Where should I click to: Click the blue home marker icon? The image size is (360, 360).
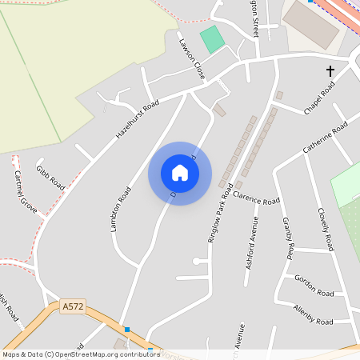point(180,173)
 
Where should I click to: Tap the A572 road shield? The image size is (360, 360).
point(72,306)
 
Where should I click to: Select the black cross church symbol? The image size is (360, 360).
point(330,71)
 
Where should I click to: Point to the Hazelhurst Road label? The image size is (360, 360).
point(138,119)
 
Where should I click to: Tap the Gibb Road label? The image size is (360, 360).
point(50,178)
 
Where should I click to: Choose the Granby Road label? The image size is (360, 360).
point(288,237)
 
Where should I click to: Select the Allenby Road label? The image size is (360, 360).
point(313,314)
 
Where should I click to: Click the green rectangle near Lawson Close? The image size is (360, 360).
point(212,38)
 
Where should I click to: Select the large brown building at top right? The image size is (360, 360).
point(311,24)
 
